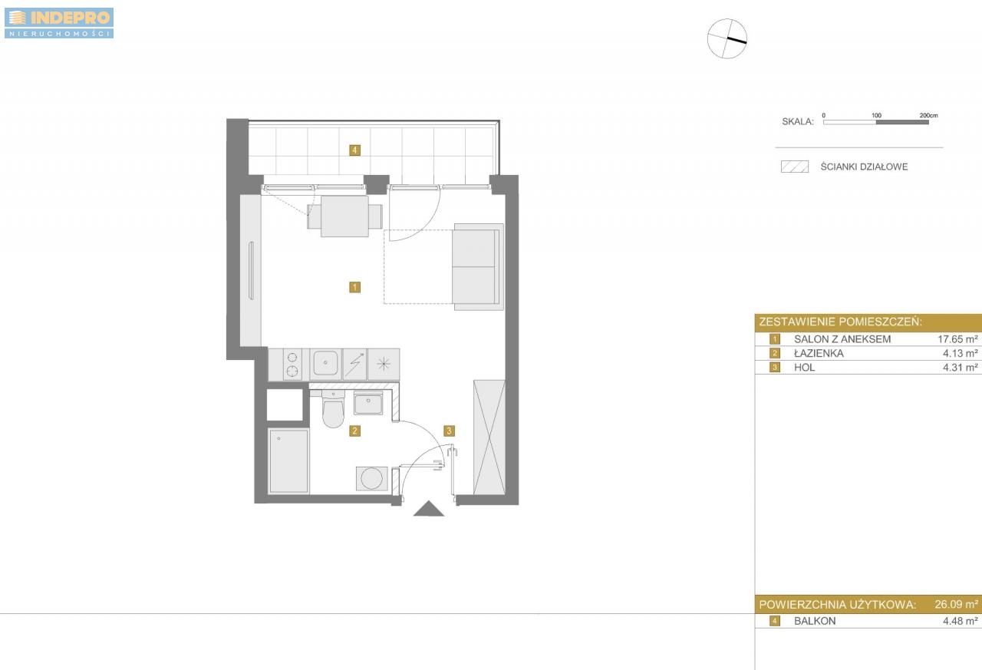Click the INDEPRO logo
point(59,23)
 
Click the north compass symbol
point(727,38)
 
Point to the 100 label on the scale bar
point(876,115)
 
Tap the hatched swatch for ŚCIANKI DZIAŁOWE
point(795,167)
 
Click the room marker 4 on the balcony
point(354,150)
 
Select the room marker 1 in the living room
point(354,287)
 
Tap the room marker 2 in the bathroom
point(354,431)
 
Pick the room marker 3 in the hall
point(449,431)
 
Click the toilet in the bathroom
point(333,408)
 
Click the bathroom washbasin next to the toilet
point(368,403)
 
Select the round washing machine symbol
point(372,478)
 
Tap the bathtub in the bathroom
point(288,460)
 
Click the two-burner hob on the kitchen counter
point(292,365)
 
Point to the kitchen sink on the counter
point(325,364)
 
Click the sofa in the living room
point(478,266)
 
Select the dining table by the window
point(344,216)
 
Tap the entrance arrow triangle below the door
point(429,509)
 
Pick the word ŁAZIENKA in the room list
point(819,353)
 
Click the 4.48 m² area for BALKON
point(961,621)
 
